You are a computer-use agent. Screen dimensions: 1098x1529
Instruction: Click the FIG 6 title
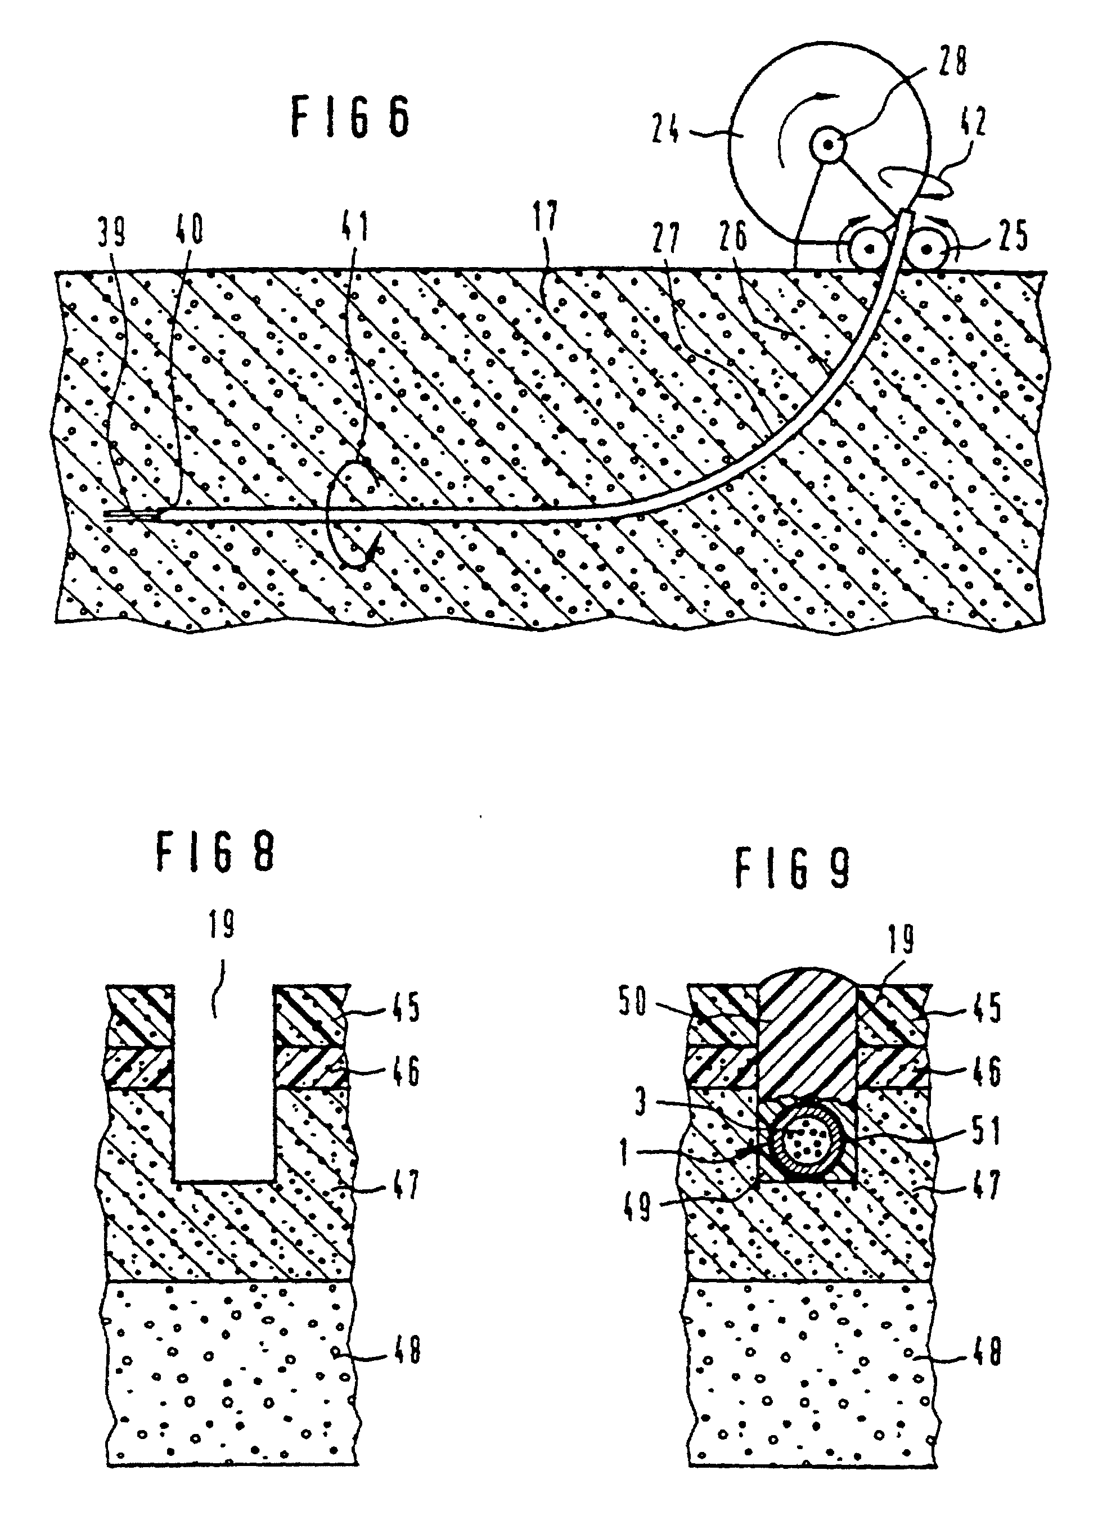[x=350, y=116]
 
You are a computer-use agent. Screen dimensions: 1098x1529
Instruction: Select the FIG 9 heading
[x=793, y=868]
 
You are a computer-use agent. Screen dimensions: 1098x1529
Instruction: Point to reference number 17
[x=546, y=217]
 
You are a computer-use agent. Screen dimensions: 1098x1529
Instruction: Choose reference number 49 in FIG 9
[x=637, y=1207]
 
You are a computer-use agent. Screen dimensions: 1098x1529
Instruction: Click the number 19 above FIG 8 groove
[x=221, y=923]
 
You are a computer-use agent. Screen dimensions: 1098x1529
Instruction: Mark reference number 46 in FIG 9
[x=986, y=1071]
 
